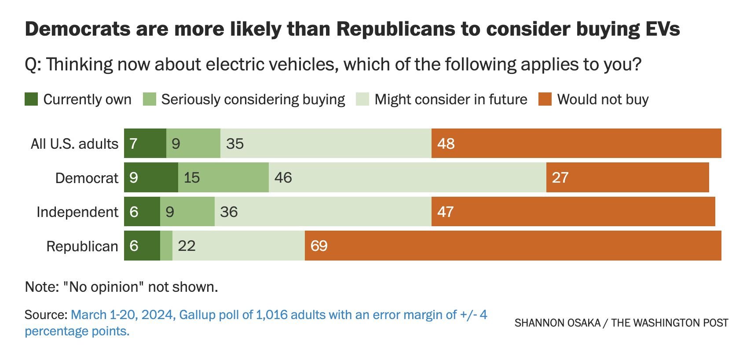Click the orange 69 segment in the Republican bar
pos(512,246)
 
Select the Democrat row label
pos(87,178)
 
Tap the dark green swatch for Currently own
pos(31,99)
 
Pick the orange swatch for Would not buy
pos(545,99)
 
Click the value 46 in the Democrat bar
pos(283,177)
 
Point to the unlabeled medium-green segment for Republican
pos(166,246)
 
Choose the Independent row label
pos(77,212)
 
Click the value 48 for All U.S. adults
pos(446,143)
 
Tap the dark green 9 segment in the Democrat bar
pos(151,177)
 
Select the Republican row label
pos(82,246)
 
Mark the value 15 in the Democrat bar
pos(192,177)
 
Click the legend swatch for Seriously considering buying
pos(150,99)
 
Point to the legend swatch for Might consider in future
pos(362,99)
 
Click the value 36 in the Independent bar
pos(229,212)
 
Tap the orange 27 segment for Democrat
pos(627,177)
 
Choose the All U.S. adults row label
pos(74,143)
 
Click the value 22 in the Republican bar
pos(187,246)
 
